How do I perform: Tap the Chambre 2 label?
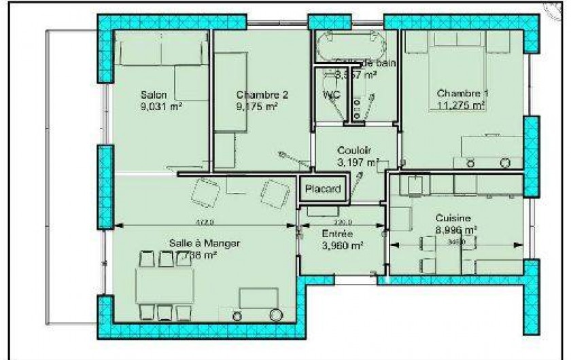[262, 95]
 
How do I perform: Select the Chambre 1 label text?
[462, 93]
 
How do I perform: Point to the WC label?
[331, 95]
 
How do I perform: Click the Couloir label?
[355, 151]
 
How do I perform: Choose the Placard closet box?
[323, 190]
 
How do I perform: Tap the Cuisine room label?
[453, 219]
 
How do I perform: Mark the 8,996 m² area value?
[455, 230]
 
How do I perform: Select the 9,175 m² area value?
[257, 106]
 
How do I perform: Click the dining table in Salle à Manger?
[164, 285]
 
